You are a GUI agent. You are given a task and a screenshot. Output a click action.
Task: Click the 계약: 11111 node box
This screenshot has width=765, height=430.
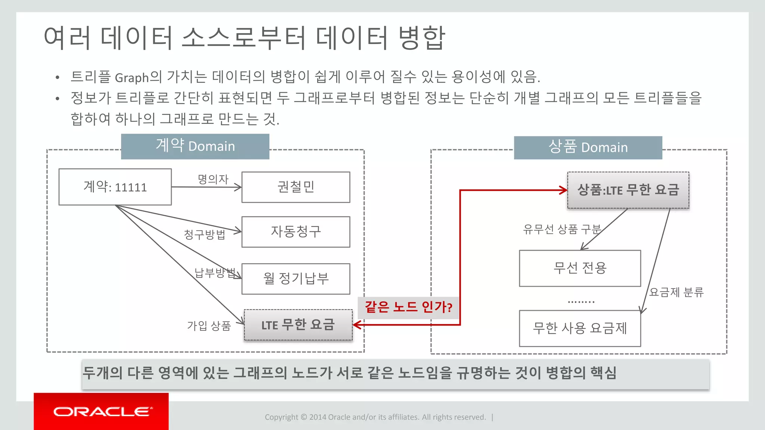[115, 187]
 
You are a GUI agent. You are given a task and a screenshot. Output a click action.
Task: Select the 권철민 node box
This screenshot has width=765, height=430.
[296, 187]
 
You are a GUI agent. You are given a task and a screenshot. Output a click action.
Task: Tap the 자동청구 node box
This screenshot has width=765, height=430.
[296, 232]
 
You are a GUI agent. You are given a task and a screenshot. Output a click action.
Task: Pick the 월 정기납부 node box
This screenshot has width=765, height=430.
[296, 279]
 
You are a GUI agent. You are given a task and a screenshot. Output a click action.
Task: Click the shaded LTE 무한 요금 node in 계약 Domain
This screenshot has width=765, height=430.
[298, 325]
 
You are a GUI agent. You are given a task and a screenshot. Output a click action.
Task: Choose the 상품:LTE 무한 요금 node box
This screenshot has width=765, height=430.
[628, 190]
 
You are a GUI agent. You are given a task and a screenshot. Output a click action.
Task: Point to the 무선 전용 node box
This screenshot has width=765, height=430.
[580, 268]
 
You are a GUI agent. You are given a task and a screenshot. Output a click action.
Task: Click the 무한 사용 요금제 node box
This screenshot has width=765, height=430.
[580, 328]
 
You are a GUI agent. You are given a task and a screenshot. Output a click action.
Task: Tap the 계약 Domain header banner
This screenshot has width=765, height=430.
[195, 146]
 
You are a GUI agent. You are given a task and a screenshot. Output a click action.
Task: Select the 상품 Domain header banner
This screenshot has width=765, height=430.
[588, 147]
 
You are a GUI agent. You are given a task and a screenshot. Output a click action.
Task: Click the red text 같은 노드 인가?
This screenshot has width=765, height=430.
[408, 307]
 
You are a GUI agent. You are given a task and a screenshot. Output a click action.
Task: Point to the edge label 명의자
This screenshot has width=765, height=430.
[213, 179]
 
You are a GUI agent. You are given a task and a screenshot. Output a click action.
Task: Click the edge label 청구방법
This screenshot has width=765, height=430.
[205, 234]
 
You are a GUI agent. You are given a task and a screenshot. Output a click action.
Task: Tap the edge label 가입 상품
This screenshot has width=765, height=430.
[209, 326]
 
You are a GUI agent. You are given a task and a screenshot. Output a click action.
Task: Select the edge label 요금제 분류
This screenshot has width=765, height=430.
[676, 292]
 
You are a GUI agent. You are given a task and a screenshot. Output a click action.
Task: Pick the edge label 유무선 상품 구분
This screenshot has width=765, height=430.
[562, 229]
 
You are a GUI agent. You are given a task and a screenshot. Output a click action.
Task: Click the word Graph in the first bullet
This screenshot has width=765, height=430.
[132, 78]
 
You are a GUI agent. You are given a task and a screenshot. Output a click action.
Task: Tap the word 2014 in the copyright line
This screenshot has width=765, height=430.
[318, 417]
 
